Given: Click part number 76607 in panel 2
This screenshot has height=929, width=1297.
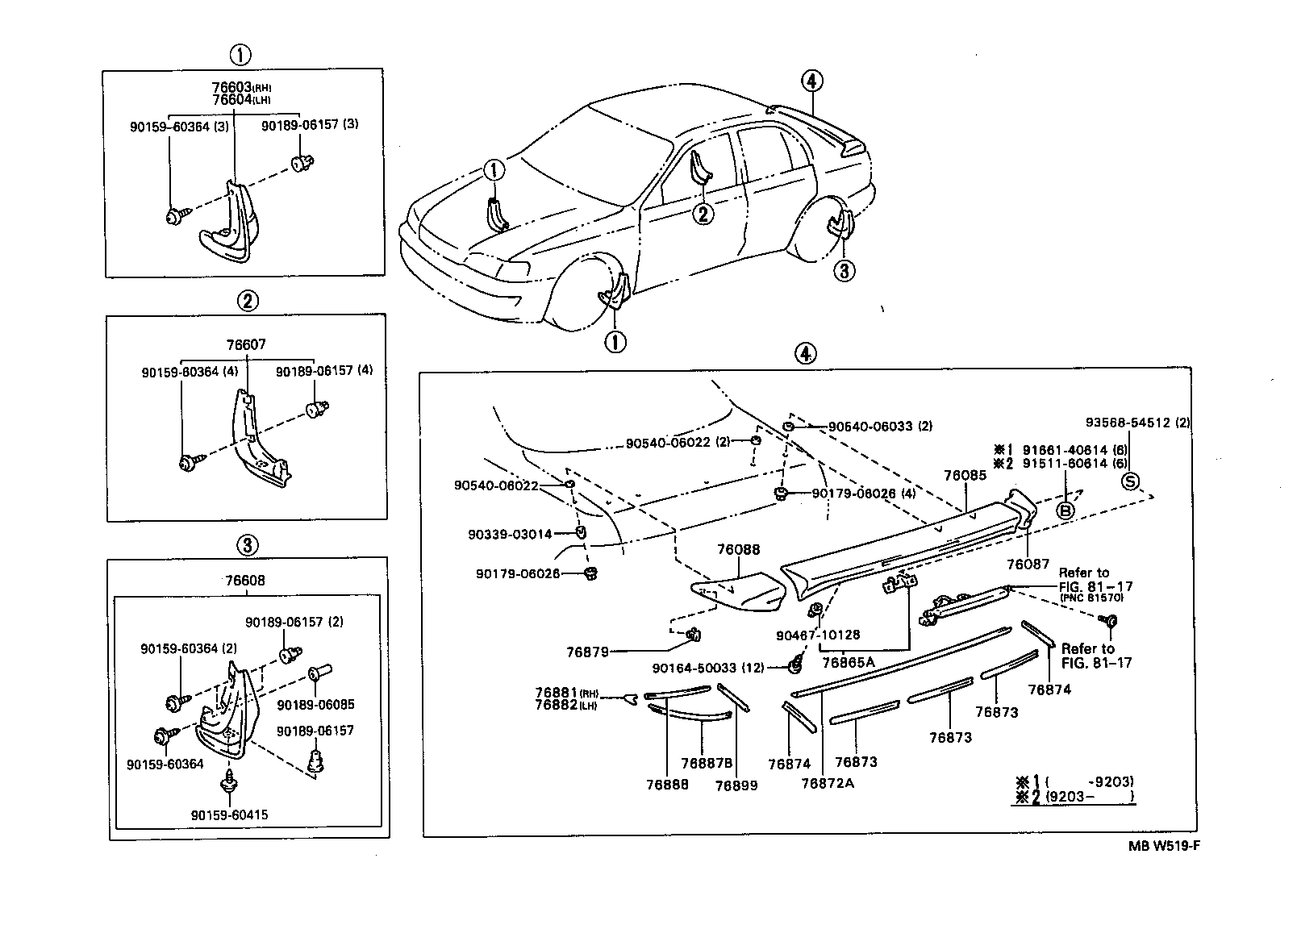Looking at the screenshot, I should [246, 344].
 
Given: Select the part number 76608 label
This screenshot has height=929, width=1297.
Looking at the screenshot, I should [246, 581].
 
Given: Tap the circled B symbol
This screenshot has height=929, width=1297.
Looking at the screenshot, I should [1065, 510].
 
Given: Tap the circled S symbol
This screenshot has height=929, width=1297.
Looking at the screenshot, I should [1131, 481].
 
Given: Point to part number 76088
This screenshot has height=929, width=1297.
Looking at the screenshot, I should [738, 549].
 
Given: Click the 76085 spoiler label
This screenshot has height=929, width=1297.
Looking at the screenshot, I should [965, 476].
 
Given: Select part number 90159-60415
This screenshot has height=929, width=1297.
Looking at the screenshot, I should [230, 814].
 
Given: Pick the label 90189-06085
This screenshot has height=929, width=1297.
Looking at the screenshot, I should [315, 704].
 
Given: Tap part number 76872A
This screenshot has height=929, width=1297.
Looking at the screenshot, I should [828, 782].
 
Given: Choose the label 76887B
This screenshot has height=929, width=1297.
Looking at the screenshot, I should [707, 763].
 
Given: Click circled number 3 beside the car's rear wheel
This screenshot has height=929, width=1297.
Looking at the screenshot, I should [843, 270].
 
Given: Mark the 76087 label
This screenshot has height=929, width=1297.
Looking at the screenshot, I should [1028, 564].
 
